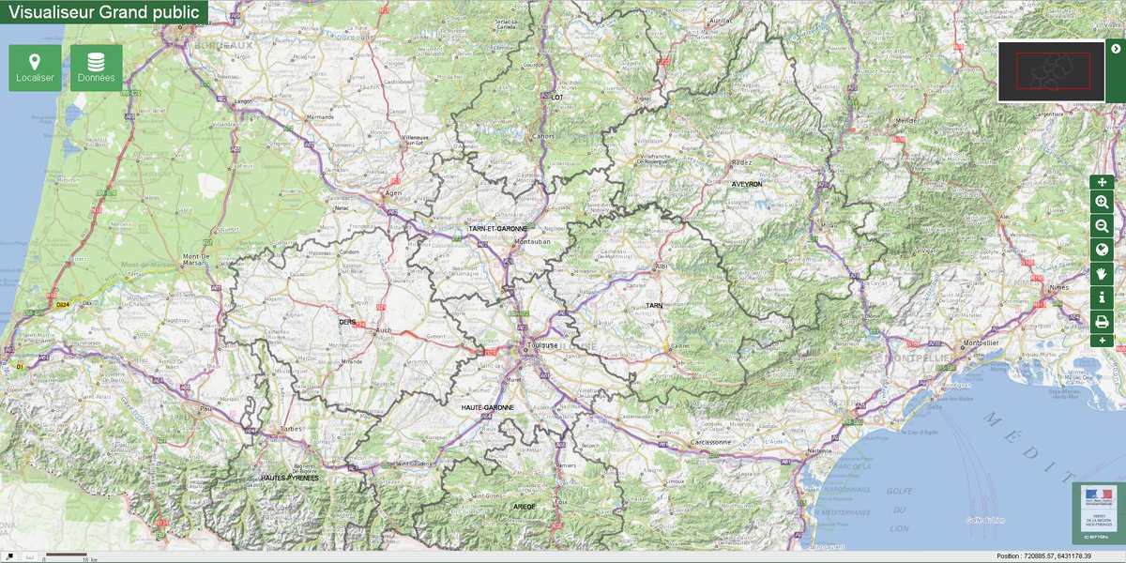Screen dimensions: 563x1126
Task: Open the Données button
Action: (96, 68)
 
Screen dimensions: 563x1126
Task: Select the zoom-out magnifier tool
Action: (1102, 225)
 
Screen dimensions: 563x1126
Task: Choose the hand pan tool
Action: (1102, 273)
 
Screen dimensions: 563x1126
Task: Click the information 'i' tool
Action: (1102, 297)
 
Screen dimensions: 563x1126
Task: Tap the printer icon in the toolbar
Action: (1102, 321)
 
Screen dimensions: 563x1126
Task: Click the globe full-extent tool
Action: (1102, 250)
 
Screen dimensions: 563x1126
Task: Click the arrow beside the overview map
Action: (1115, 49)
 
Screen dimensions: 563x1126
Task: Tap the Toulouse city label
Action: (542, 344)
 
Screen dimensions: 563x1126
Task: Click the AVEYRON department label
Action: (748, 185)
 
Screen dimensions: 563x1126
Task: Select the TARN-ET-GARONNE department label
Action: (497, 228)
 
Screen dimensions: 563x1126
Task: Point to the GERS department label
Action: (348, 321)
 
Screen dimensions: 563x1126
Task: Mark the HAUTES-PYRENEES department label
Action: (290, 478)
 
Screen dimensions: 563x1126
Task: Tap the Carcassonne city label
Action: (709, 441)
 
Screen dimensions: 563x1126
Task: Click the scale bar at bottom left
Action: (66, 556)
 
